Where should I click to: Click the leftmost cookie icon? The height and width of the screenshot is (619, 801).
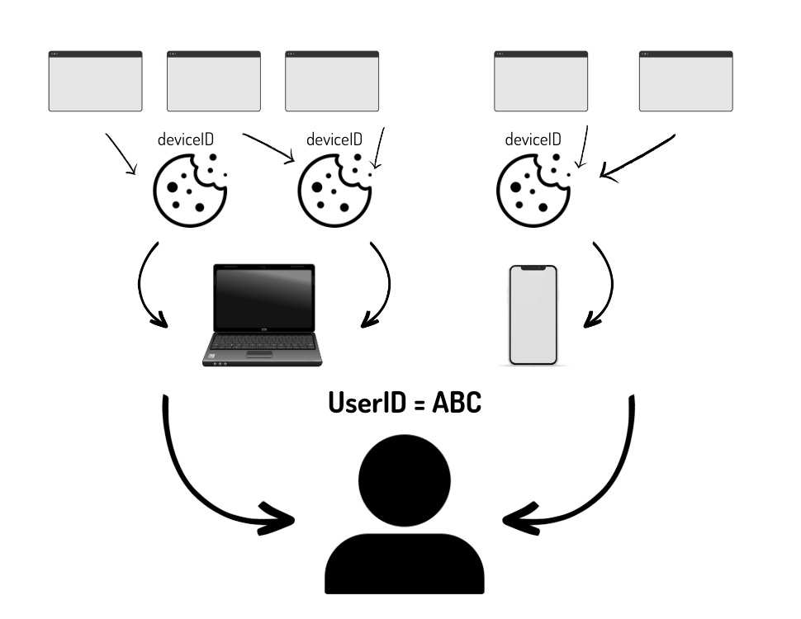click(x=189, y=190)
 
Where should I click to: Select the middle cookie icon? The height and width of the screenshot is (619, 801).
click(x=334, y=190)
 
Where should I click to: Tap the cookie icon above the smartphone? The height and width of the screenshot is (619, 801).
click(x=533, y=190)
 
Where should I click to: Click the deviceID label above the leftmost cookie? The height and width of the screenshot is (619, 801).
click(x=186, y=139)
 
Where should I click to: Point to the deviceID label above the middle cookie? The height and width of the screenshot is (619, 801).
click(x=334, y=139)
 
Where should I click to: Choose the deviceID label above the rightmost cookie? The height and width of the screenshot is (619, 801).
click(x=533, y=139)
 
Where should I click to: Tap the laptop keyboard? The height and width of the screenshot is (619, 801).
click(x=263, y=343)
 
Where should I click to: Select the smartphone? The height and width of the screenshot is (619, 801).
click(x=533, y=315)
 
